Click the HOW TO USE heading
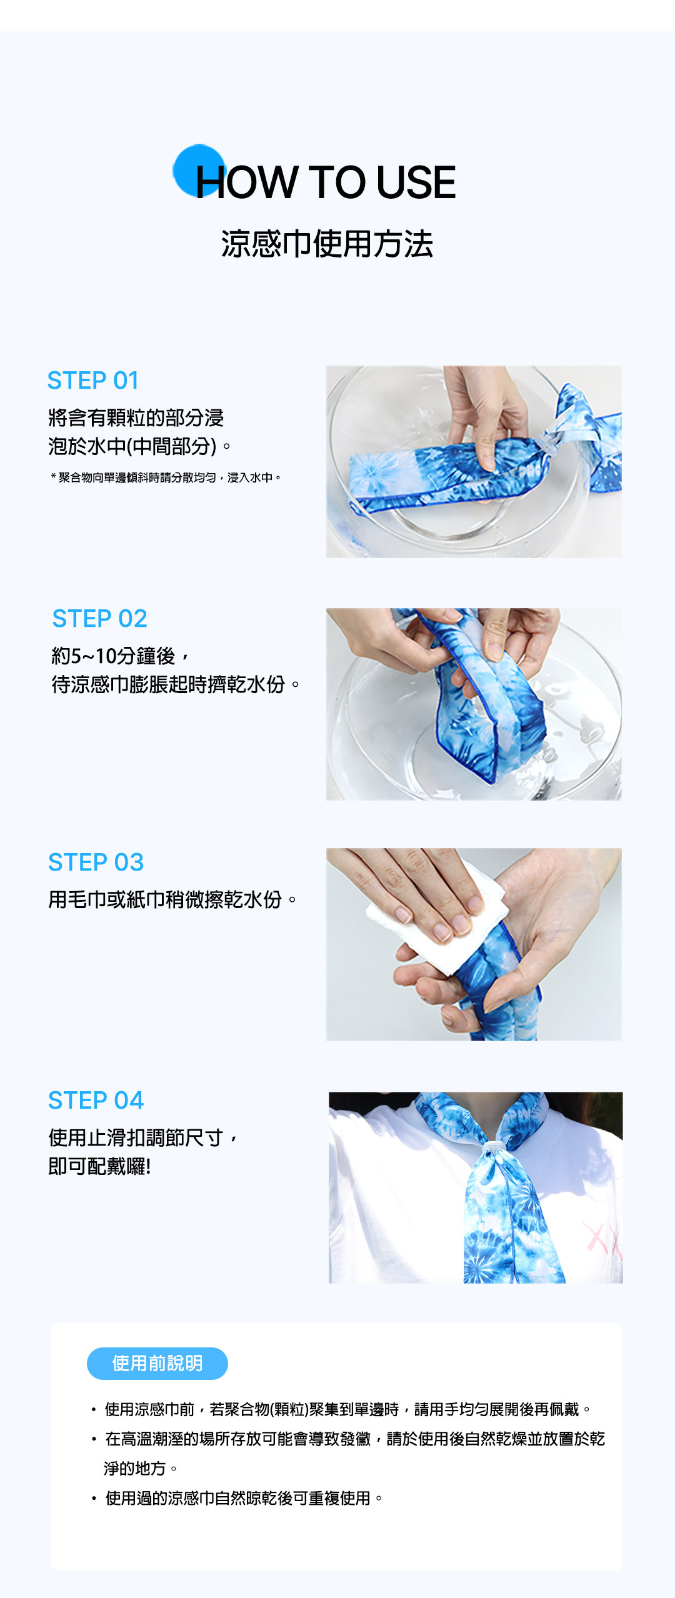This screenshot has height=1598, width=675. point(326,182)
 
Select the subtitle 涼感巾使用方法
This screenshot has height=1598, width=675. point(327,244)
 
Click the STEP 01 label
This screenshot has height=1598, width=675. point(93,381)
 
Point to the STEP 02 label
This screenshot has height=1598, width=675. point(100,619)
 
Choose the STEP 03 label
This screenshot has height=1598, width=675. point(96,862)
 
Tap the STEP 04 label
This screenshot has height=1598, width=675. point(96,1100)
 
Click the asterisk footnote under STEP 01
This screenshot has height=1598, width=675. point(166,477)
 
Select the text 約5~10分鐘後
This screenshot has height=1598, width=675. point(114,656)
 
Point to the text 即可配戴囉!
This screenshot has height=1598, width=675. point(100,1166)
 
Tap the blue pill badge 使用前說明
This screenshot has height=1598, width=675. point(157,1363)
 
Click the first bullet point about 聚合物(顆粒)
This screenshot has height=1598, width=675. point(341,1409)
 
